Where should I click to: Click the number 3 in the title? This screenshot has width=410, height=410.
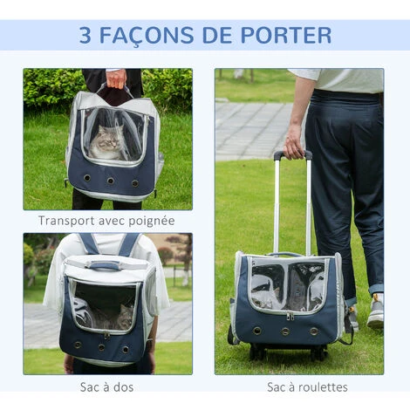[x=85, y=36]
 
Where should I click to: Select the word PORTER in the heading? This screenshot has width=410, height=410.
[x=287, y=36]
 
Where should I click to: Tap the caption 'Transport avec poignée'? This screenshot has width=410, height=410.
[x=106, y=221]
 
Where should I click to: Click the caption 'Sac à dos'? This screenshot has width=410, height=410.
[x=106, y=386]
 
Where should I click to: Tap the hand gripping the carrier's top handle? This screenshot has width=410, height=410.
[x=116, y=79]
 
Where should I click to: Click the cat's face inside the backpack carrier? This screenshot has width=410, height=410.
[x=126, y=317]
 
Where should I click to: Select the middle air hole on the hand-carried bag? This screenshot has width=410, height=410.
[x=110, y=181]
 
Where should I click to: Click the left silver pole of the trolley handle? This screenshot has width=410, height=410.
[x=277, y=205]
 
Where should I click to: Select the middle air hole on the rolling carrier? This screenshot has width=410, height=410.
[x=284, y=331]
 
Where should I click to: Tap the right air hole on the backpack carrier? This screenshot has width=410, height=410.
[x=130, y=345]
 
